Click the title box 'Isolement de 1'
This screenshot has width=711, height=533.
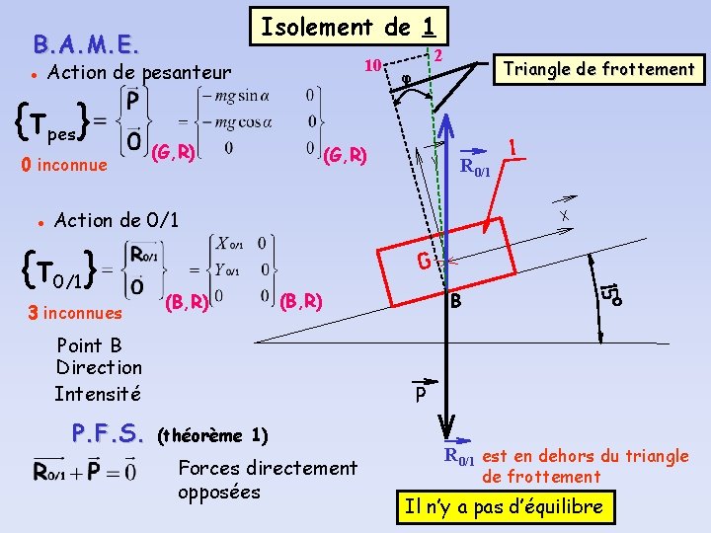click(x=350, y=27)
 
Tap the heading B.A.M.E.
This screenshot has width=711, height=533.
click(x=86, y=44)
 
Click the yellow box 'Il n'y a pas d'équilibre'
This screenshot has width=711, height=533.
click(x=504, y=507)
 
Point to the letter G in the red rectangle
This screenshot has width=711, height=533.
click(x=423, y=264)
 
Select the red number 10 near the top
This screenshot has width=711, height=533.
click(x=371, y=66)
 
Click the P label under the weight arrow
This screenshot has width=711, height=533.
click(x=421, y=395)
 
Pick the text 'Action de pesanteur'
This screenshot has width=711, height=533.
click(x=139, y=72)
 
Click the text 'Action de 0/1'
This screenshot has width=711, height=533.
click(x=117, y=219)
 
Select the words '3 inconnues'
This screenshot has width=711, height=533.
click(x=76, y=313)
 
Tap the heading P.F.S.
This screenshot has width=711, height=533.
click(x=108, y=433)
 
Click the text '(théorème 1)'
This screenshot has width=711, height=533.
click(x=212, y=434)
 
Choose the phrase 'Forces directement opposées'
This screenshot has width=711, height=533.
click(x=268, y=480)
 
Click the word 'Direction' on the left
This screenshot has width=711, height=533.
click(x=99, y=367)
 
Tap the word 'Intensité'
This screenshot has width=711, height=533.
click(x=98, y=394)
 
